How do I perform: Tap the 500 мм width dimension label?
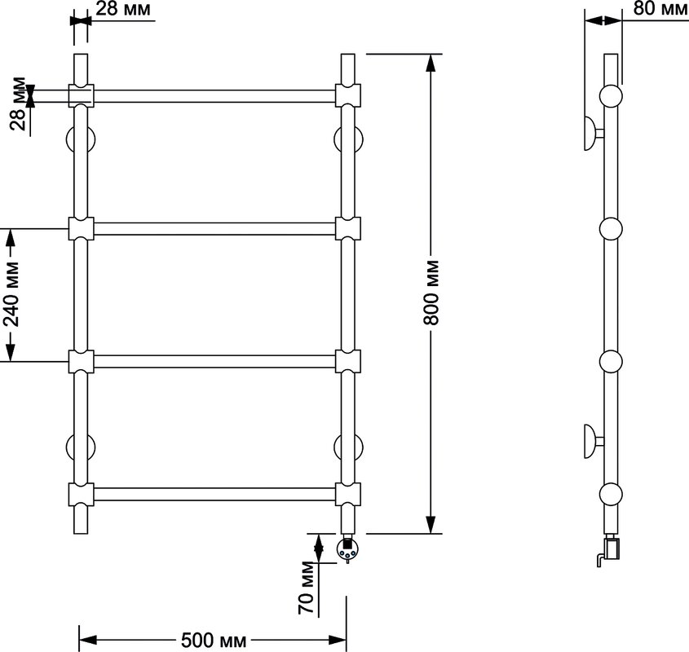click(x=214, y=640)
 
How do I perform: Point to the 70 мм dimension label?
click(x=307, y=588)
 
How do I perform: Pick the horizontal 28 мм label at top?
click(x=123, y=8)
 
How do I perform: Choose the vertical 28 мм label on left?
click(x=18, y=104)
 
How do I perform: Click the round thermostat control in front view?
click(x=347, y=549)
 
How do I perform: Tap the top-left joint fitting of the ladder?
click(x=81, y=95)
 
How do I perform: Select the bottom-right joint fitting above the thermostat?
click(x=348, y=494)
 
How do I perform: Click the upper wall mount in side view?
click(x=594, y=134)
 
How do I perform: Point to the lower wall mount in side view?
click(x=594, y=441)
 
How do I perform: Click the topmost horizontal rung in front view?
click(x=214, y=96)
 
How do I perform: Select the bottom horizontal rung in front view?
click(x=214, y=494)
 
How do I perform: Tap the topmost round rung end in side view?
click(x=611, y=96)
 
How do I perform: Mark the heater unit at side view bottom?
click(x=608, y=549)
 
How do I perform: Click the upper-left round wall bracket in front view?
click(x=81, y=139)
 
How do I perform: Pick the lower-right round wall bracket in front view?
click(x=348, y=448)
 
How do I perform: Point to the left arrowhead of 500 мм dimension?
click(x=87, y=640)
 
